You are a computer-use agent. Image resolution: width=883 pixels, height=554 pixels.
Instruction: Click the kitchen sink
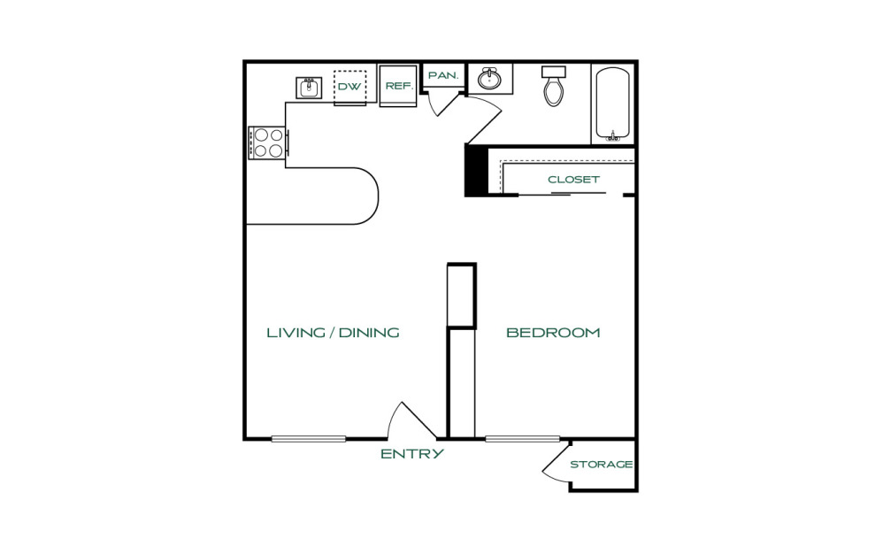click(309, 88)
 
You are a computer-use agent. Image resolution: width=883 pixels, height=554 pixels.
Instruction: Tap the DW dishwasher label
click(349, 87)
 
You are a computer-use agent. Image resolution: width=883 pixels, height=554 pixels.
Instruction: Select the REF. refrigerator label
click(399, 86)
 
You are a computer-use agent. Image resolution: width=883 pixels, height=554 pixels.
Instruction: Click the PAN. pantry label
click(444, 75)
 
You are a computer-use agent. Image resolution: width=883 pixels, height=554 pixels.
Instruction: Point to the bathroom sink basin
click(490, 80)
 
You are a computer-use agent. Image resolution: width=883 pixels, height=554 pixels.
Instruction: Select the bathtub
click(612, 104)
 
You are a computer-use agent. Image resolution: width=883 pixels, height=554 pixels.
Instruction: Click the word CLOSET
click(573, 180)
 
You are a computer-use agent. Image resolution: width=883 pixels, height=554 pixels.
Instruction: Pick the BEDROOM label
click(553, 333)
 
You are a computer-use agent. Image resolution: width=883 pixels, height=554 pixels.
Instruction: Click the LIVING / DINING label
click(333, 333)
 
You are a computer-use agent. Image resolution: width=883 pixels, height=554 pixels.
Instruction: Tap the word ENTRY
click(412, 454)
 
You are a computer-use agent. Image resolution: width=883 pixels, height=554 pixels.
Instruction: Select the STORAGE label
click(602, 465)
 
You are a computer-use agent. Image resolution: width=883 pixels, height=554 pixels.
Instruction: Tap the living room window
click(309, 439)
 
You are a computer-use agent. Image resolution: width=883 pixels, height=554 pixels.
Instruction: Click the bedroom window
click(523, 439)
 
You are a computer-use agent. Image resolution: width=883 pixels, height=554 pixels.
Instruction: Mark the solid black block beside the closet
click(475, 170)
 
